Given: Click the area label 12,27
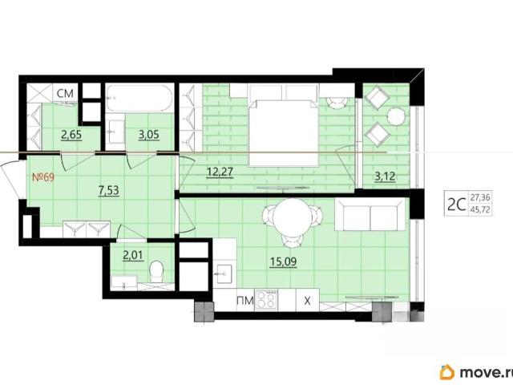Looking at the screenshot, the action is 220,172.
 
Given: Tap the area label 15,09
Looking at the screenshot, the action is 283,261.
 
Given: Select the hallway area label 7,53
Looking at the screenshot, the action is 109,190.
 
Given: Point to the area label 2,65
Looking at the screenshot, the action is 71,135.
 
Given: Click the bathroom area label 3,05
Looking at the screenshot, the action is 149,135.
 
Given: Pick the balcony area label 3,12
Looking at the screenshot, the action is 385,176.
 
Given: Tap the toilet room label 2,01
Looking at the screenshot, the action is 133,255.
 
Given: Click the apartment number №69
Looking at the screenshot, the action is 43,177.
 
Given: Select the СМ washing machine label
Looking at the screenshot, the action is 65,94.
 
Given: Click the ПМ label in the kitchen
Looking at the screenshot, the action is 245,300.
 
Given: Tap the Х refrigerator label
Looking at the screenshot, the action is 307,301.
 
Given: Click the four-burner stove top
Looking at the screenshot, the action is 266,299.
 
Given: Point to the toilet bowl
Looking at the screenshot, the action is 156,272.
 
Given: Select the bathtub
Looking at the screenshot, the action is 139,98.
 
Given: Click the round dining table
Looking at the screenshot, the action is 292,217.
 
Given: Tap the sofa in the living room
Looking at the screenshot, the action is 370,214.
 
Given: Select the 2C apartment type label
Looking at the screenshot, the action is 456,205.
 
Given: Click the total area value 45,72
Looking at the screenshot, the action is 480,209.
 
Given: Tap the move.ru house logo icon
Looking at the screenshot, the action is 447,372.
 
